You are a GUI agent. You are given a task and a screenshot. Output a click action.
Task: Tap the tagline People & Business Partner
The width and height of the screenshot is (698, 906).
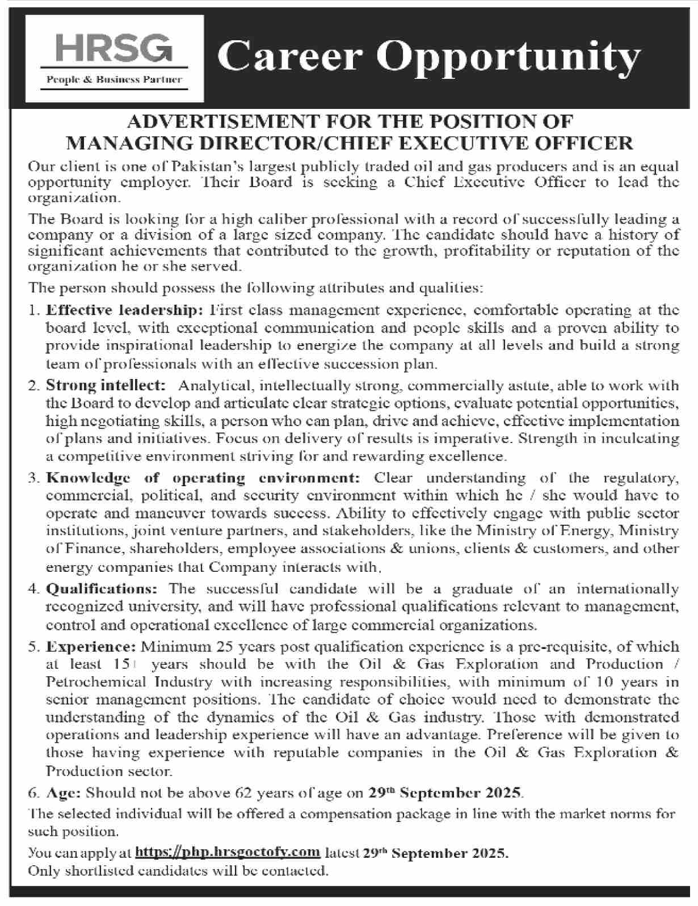pyautogui.click(x=114, y=80)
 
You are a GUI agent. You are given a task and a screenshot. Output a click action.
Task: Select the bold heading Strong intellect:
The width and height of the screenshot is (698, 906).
pyautogui.click(x=106, y=386)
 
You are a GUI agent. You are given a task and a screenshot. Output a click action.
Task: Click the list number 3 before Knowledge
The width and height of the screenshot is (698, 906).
pyautogui.click(x=33, y=478)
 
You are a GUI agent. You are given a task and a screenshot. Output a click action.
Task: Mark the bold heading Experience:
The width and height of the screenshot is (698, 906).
pyautogui.click(x=91, y=647)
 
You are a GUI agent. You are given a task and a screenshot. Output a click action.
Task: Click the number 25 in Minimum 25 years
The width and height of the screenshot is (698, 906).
pyautogui.click(x=204, y=647)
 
